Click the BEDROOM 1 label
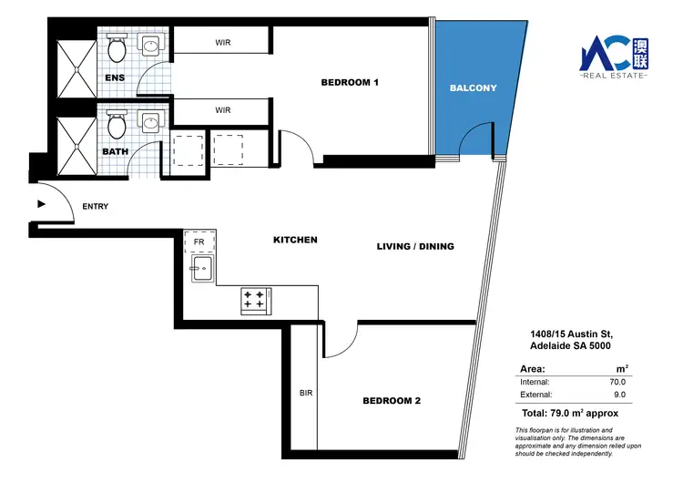coord(349,83)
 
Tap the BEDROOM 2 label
coord(391,401)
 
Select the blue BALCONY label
coord(474,88)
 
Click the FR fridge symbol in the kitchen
coord(199,241)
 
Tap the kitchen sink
coord(200,268)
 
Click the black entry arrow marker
coord(40,205)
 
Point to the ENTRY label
coord(95,207)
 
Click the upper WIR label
coord(222,42)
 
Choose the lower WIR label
coord(222,110)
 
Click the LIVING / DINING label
coord(415,247)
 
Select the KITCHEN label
coord(295,240)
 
